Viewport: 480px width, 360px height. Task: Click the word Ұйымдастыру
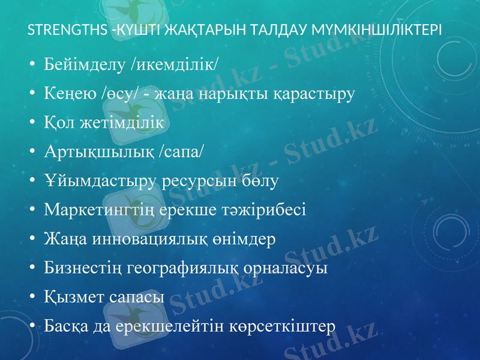tap(101, 181)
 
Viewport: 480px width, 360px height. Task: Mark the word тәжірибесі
tap(273, 211)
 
